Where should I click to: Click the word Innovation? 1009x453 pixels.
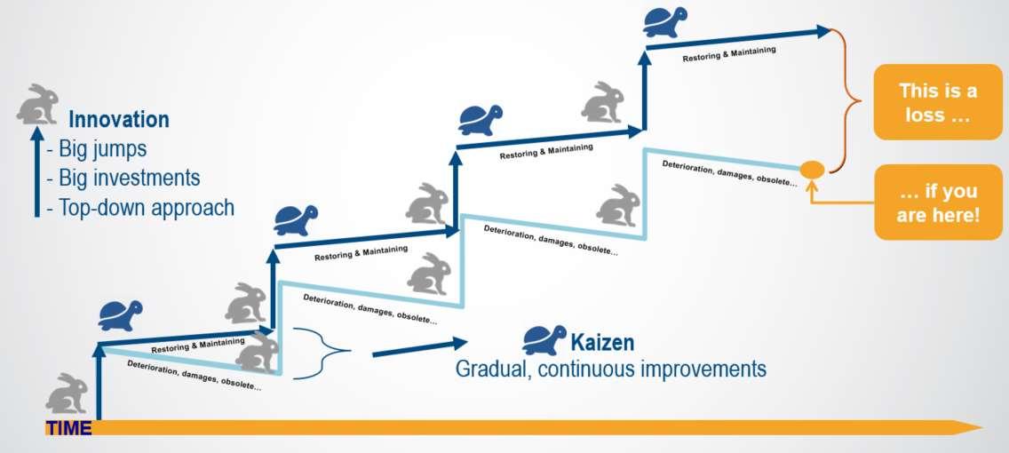click(119, 120)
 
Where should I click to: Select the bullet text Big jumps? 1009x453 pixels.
click(103, 148)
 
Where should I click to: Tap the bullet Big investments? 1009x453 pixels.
click(129, 178)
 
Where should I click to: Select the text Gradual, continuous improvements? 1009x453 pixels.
click(610, 369)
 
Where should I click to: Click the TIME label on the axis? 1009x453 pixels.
click(68, 428)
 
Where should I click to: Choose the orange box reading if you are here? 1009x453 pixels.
click(938, 203)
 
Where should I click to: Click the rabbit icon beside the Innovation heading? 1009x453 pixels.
click(37, 104)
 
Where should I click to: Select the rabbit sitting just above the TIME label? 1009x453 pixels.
click(67, 393)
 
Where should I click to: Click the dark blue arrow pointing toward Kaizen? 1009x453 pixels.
click(417, 347)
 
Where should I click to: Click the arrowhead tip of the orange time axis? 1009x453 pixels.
click(977, 427)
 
